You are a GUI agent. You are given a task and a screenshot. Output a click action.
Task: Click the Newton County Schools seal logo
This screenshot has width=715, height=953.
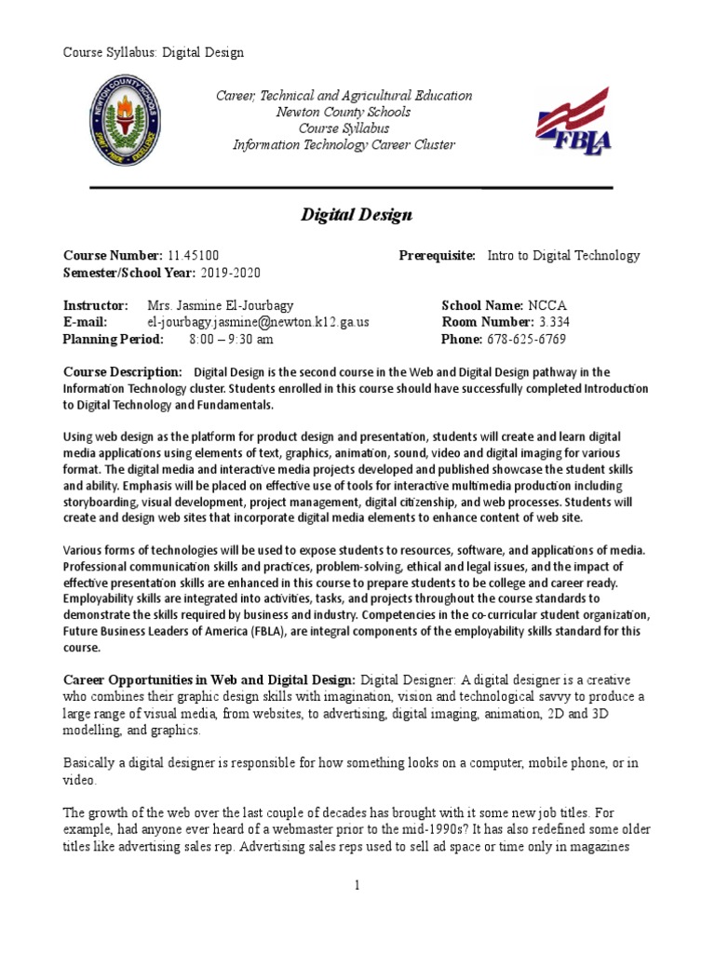pos(128,120)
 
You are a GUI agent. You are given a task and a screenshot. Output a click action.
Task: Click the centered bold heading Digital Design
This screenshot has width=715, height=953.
pos(356,215)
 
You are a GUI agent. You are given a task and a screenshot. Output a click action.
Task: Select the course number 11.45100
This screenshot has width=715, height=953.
pos(194,255)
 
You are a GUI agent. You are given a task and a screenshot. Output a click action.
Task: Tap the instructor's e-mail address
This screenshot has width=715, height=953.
pos(259,322)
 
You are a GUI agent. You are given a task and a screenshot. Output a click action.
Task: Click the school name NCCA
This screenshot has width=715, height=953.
pos(547,305)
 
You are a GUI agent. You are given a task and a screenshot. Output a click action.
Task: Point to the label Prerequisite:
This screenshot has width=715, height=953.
pos(437,255)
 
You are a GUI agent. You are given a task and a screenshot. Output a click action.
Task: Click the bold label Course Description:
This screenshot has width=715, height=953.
pos(122,371)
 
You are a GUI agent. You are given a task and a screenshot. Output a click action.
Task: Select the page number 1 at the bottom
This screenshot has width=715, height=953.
pos(357,885)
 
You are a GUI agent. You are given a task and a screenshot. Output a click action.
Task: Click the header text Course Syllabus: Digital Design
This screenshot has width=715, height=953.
pos(153,52)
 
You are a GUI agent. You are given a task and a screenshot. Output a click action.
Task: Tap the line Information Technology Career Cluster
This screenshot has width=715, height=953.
pos(344,144)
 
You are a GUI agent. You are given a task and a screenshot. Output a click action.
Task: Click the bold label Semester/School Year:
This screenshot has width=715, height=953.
pos(128,273)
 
